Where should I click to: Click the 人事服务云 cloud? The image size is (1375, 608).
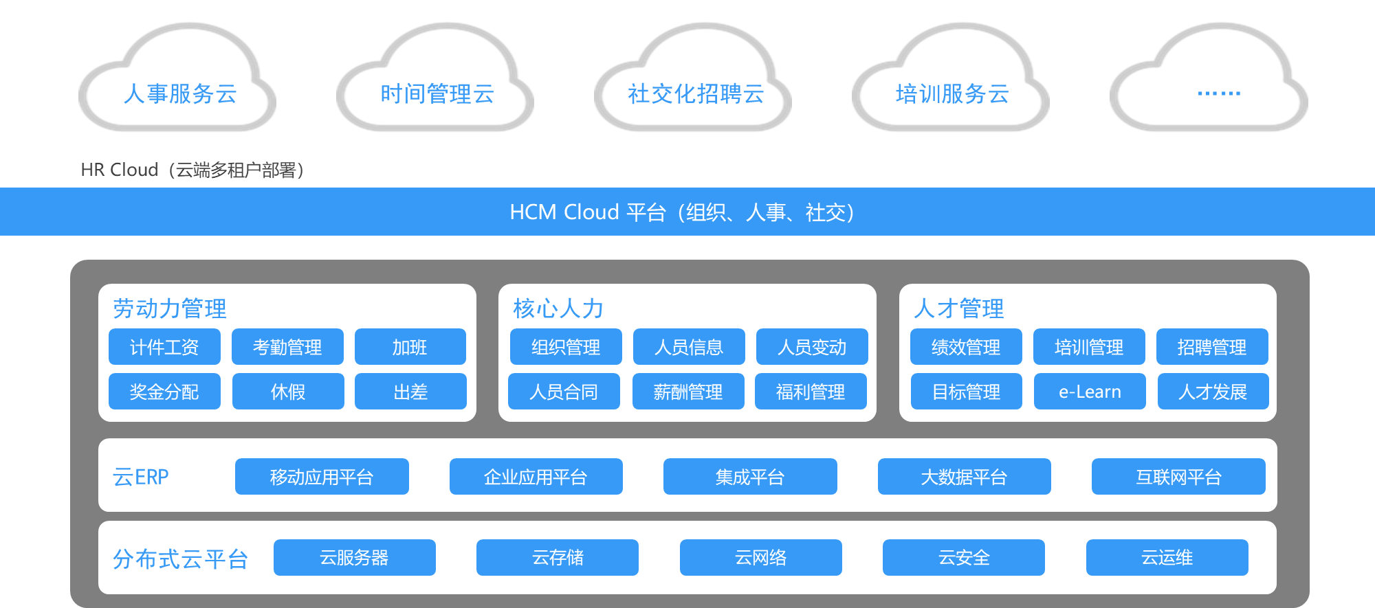click(x=179, y=93)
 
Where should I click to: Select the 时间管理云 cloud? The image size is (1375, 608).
click(x=437, y=93)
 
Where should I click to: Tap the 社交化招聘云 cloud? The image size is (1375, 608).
click(x=695, y=93)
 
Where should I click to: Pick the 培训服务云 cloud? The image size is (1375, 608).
click(x=952, y=93)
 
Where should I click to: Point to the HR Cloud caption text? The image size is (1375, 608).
click(x=192, y=170)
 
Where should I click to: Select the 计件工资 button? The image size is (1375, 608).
click(x=164, y=347)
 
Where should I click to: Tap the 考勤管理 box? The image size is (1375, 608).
click(x=287, y=347)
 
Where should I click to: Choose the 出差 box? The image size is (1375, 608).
click(x=410, y=392)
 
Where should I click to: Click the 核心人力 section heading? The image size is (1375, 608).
click(x=558, y=308)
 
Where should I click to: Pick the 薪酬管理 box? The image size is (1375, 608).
click(x=688, y=392)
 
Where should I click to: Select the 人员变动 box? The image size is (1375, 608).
click(x=812, y=347)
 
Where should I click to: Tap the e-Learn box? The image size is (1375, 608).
click(x=1090, y=392)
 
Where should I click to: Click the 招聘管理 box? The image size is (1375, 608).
click(x=1212, y=347)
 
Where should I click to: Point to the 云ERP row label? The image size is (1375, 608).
click(x=141, y=477)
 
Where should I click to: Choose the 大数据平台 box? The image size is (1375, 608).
click(x=964, y=477)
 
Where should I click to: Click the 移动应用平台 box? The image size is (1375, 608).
click(x=322, y=477)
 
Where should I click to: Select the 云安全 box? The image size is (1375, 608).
click(x=964, y=557)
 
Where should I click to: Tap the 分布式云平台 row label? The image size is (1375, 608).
click(x=180, y=559)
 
